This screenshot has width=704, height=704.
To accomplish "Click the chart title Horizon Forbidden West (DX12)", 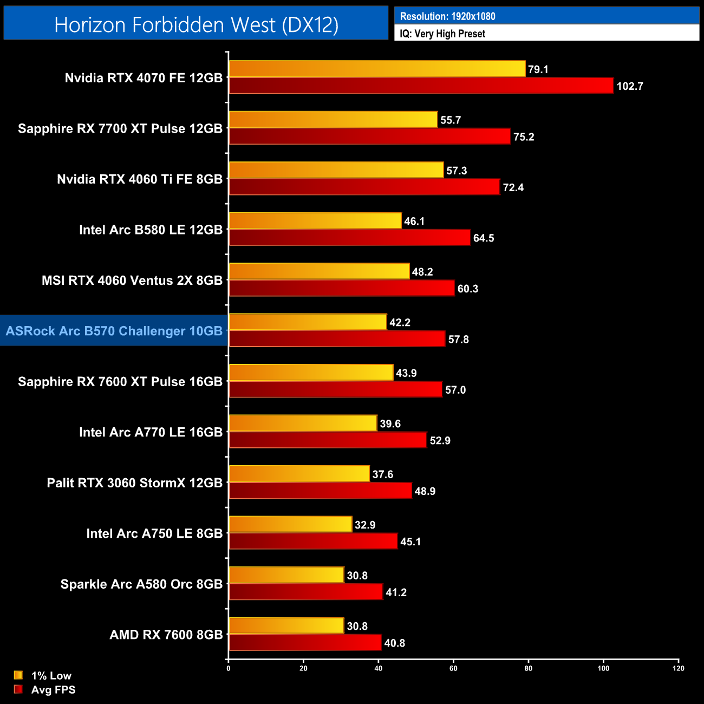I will tap(196, 25).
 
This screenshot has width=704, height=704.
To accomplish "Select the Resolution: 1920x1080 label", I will tap(447, 16).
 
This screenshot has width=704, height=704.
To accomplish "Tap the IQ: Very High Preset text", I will tap(442, 34).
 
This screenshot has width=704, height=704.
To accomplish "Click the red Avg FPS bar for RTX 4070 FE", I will tap(421, 86).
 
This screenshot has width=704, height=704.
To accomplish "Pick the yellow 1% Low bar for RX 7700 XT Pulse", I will tap(333, 120).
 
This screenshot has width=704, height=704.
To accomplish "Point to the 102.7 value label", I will tap(629, 86).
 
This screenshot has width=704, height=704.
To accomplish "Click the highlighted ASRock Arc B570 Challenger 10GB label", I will tap(114, 331).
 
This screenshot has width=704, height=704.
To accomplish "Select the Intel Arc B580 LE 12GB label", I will tap(151, 230).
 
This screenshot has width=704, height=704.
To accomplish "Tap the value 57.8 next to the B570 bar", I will tap(458, 340).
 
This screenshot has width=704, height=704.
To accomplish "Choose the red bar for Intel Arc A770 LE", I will tap(328, 440).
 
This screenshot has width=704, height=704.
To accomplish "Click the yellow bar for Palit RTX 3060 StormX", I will tap(299, 474).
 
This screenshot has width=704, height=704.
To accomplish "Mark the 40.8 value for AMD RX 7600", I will tap(394, 643).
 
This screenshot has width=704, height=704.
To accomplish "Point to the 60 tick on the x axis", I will tap(453, 668).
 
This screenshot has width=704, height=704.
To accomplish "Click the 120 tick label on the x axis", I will tap(678, 668).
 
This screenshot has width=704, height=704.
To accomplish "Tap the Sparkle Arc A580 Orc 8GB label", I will tap(141, 584).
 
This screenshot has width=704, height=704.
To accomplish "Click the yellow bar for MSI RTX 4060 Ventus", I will tap(319, 271).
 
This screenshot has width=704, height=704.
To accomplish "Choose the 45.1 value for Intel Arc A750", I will tap(410, 542).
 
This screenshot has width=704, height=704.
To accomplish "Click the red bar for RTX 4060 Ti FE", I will tap(364, 187).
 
